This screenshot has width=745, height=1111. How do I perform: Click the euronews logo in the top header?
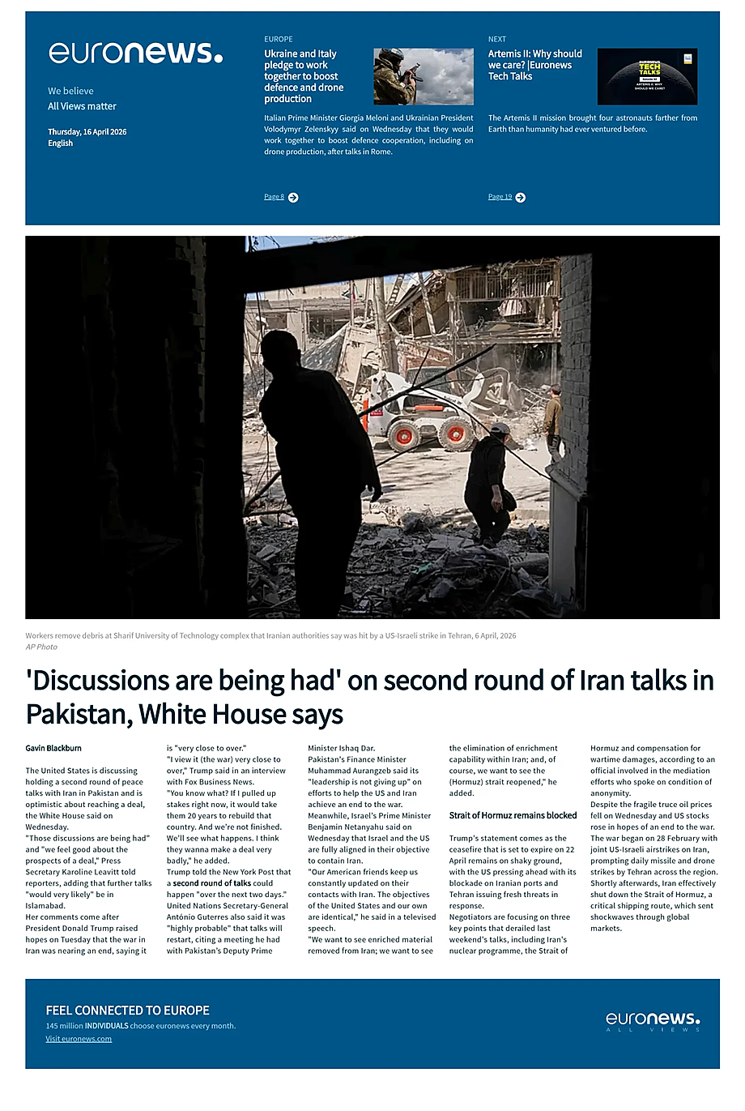point(135,53)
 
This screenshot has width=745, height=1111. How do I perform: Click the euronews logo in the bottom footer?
point(653,1020)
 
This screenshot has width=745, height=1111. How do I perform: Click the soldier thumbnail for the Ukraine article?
point(424,76)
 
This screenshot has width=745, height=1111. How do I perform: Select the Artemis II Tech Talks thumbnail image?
point(647,76)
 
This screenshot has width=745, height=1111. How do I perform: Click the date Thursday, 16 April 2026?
point(87,131)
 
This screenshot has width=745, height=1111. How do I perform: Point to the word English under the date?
point(60,143)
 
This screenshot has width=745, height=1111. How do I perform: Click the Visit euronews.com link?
point(79,1039)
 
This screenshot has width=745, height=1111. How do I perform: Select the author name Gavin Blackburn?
point(53,748)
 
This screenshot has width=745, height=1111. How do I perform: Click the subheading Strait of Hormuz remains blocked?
point(513,815)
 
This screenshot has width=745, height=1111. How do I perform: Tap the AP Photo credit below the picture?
point(41,647)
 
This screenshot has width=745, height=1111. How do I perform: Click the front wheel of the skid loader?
point(402,435)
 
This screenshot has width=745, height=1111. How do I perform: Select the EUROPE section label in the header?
point(278,39)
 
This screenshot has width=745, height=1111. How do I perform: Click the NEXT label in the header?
point(496,39)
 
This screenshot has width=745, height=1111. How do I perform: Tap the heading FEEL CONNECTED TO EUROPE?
point(127,1011)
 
